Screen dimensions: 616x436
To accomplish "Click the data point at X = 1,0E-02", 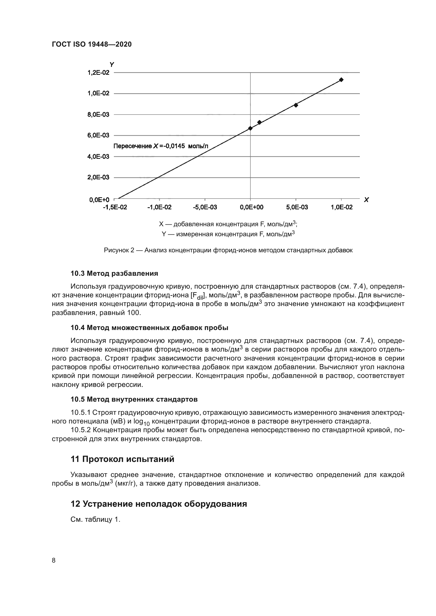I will [341, 80].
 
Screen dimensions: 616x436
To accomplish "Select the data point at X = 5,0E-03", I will [295, 105].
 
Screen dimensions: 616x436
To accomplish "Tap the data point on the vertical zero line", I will [250, 128].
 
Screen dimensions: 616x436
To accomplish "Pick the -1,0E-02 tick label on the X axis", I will [159, 207].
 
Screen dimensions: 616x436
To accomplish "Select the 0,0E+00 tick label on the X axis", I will [251, 207].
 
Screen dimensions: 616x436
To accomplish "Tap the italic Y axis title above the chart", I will [112, 64].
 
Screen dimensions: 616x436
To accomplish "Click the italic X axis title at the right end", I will [366, 200].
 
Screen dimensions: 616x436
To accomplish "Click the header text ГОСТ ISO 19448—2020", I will [91, 45].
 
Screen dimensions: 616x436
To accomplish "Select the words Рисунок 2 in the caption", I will [119, 250].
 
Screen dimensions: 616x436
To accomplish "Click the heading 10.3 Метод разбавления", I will [114, 273].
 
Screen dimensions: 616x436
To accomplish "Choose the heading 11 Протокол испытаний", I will [122, 459].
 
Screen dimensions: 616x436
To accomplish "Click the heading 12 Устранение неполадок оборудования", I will [158, 504].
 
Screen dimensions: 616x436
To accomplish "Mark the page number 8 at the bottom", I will [54, 560].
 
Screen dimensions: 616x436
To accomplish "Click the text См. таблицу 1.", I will [95, 519].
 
